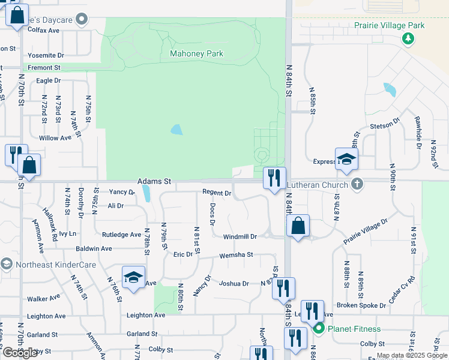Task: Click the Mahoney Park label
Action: click(x=196, y=54)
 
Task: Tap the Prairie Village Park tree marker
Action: click(x=408, y=38)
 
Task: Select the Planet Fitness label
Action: click(x=354, y=329)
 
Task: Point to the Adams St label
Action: click(x=154, y=181)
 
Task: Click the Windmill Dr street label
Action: click(x=240, y=237)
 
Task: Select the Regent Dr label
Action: click(x=217, y=193)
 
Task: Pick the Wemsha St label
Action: click(x=237, y=255)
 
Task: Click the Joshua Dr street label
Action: click(x=234, y=283)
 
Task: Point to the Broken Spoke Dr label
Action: click(x=361, y=305)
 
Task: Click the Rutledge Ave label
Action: click(x=121, y=235)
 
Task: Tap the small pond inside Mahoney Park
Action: click(x=176, y=130)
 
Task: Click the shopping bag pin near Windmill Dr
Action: click(x=298, y=226)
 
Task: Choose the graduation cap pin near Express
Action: click(x=346, y=159)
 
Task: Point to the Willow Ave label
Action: click(x=55, y=138)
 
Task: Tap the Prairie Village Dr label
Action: click(x=366, y=231)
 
